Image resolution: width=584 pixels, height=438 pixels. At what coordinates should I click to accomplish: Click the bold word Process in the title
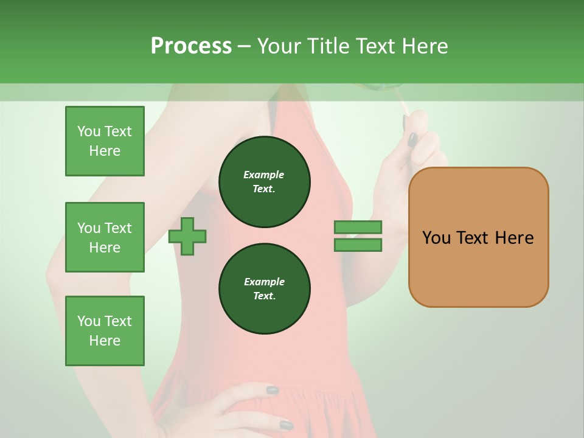coord(191,46)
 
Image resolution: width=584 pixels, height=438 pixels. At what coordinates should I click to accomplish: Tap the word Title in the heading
coord(329,46)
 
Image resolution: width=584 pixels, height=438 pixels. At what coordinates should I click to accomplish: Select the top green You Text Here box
coord(105,141)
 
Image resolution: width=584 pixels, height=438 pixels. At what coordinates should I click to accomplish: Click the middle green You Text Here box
coord(105,237)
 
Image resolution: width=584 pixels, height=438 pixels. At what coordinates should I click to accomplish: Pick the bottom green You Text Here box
coord(105,331)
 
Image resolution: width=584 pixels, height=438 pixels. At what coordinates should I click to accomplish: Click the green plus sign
coord(187,236)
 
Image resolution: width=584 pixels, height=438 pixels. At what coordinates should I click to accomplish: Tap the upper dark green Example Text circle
coord(264,182)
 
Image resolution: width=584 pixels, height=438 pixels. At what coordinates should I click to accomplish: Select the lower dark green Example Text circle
coord(264,289)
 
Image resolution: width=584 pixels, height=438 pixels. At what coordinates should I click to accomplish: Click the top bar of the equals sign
coord(358,228)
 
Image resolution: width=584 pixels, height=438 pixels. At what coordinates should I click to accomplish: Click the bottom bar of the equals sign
coord(358,245)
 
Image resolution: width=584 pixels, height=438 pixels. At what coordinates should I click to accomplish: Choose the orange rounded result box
coord(478,268)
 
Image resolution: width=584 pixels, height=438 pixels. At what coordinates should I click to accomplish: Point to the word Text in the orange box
coord(475,238)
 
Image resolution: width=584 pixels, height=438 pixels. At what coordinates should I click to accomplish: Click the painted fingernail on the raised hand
coord(412,140)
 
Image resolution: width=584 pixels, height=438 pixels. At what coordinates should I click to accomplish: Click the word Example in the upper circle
coord(264,175)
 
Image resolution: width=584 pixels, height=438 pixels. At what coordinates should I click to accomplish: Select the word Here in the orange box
coord(514,238)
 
